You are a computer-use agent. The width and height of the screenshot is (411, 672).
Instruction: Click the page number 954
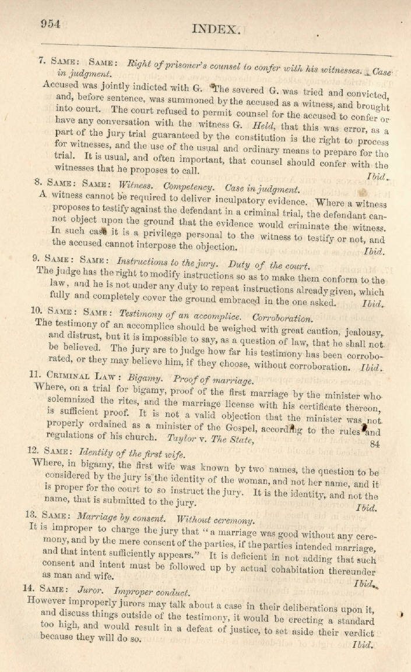coord(51,23)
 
